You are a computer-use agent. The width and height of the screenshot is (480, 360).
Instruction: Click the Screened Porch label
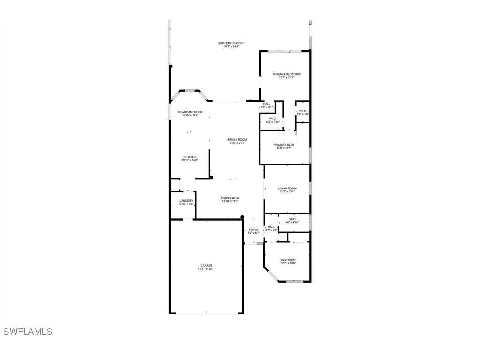coord(231,43)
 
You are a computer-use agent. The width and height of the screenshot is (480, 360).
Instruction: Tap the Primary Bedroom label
coord(286,74)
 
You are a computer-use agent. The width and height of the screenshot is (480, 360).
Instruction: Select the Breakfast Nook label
coord(190,112)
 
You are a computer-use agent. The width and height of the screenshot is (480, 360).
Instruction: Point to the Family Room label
coord(237,140)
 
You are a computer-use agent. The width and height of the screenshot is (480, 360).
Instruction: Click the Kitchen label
coord(190,157)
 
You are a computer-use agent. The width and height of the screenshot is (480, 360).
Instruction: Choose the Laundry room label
coord(186,201)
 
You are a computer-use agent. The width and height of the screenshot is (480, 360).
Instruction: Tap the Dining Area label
coord(230,198)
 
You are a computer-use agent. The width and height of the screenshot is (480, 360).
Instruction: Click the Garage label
coord(206,266)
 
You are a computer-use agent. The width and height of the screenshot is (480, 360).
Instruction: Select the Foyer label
coord(254,230)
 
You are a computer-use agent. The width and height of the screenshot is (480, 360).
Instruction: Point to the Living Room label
coord(287,188)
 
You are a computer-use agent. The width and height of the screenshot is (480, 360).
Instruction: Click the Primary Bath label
coord(284,145)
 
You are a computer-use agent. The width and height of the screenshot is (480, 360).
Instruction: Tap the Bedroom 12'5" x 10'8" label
coord(288,260)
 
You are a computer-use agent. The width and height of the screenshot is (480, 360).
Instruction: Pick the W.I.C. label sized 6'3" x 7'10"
coord(273,119)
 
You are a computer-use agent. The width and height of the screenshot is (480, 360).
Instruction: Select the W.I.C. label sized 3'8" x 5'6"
coord(303,111)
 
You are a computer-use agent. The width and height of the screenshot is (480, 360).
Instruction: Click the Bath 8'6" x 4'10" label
coord(292,219)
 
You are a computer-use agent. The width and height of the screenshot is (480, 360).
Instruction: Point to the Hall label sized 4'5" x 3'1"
coord(267,104)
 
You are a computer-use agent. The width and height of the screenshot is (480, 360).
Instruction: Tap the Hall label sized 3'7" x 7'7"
coord(271,227)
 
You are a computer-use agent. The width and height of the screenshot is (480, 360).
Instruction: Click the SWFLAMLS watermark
coord(28,331)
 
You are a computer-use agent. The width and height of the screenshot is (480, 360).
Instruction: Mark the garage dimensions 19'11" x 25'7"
coord(206,269)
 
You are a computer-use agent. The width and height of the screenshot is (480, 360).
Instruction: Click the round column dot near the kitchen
coord(211,178)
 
